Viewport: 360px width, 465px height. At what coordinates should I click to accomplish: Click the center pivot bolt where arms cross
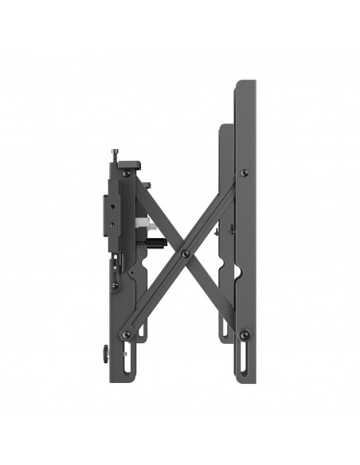pos(186,254)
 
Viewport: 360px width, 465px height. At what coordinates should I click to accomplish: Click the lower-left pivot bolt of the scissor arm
pos(126,335)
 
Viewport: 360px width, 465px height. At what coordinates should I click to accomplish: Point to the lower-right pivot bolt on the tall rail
pos(245,334)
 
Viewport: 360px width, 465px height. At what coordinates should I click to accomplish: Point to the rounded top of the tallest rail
pos(245,82)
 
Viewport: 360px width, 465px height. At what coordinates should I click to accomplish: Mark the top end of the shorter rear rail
pos(226,126)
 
